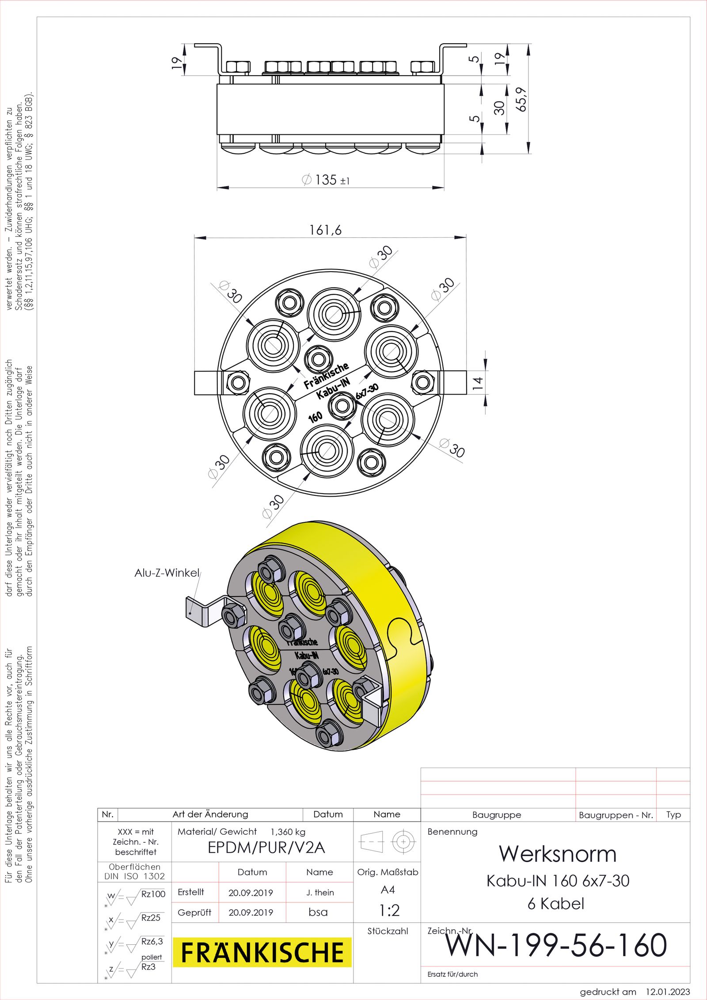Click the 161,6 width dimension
tap(325, 230)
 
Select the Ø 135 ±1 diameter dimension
tap(326, 180)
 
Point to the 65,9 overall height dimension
tap(522, 99)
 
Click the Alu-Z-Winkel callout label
tap(167, 573)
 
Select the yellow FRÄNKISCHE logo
tap(262, 952)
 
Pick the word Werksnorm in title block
tap(558, 854)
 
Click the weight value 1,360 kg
tap(288, 832)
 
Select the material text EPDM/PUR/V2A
tap(266, 848)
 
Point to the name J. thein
tap(320, 893)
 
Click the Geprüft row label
tap(194, 913)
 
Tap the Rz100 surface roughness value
tap(153, 894)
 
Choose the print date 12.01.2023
tap(668, 992)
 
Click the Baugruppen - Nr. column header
tap(616, 815)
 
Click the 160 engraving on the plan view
tap(315, 417)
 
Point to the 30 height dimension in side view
tap(499, 108)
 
